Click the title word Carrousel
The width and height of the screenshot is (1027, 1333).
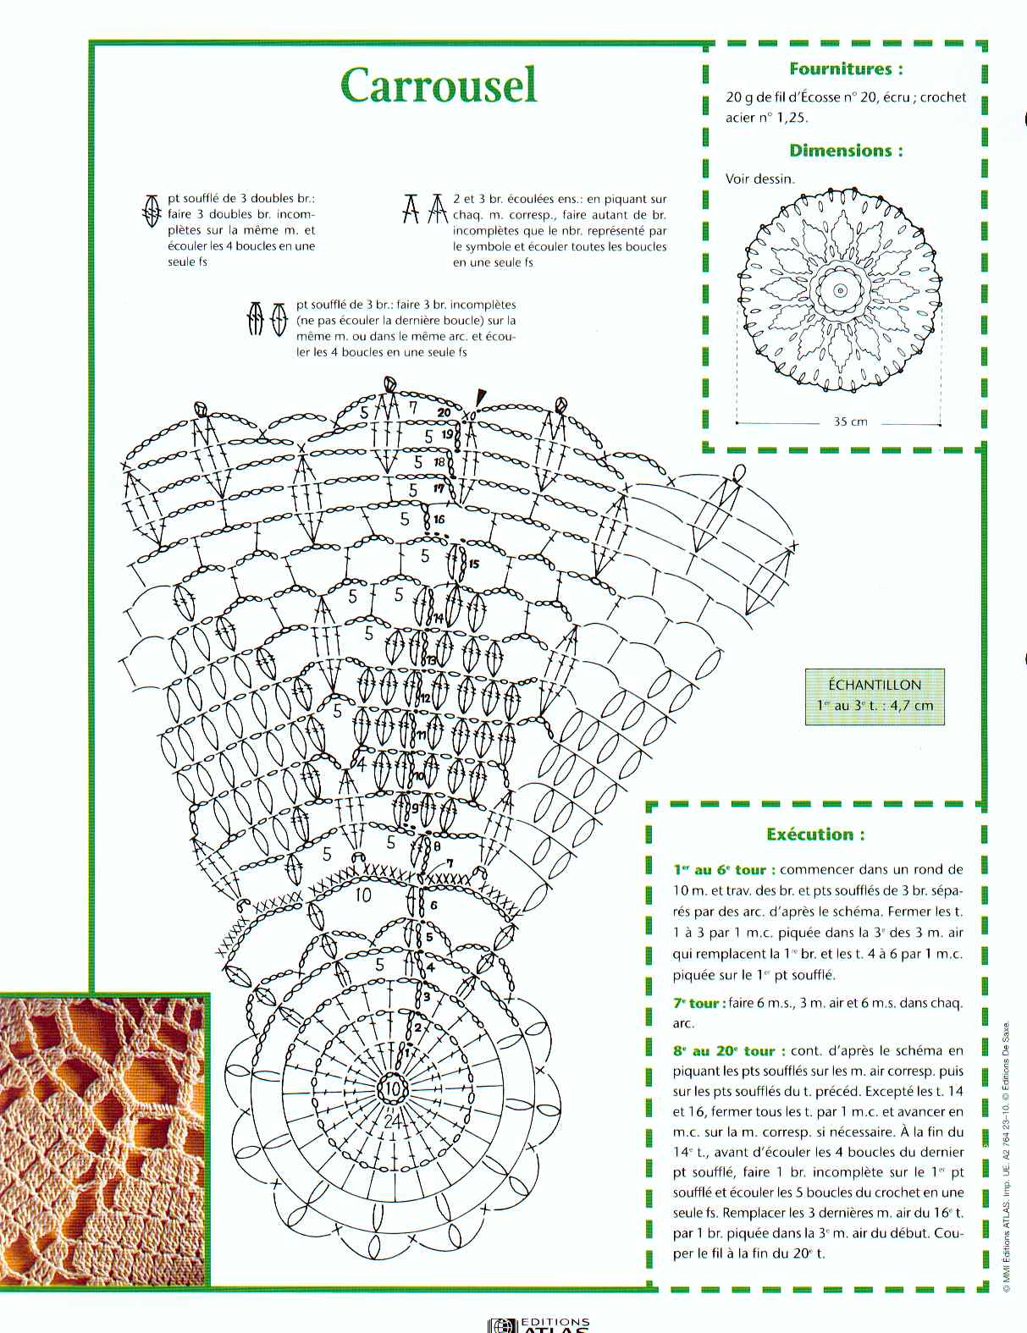[x=439, y=85]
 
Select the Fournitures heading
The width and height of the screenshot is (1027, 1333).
[x=845, y=69]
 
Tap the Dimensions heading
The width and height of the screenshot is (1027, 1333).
[x=845, y=151]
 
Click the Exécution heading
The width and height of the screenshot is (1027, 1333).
[x=815, y=835]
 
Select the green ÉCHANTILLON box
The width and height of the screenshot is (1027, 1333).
[x=875, y=696]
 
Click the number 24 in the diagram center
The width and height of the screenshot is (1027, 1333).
[x=390, y=1121]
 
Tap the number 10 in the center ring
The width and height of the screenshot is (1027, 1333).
[x=393, y=1088]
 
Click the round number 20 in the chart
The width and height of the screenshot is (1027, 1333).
[x=444, y=412]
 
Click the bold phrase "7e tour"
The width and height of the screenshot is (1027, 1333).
[x=698, y=1004]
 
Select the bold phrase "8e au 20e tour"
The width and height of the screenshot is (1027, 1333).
[x=724, y=1051]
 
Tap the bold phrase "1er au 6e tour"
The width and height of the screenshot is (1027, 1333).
[x=720, y=869]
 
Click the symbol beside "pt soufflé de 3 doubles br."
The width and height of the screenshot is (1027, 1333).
[x=152, y=210]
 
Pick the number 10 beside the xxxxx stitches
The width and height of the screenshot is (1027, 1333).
[x=362, y=895]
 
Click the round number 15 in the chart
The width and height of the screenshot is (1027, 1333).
[x=473, y=564]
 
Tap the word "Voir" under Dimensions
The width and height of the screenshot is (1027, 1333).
[x=737, y=179]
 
